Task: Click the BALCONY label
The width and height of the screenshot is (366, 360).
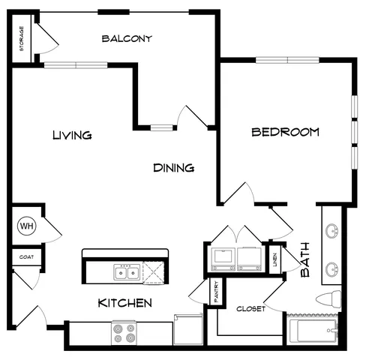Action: [x=127, y=38]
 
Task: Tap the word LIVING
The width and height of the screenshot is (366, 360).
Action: [x=72, y=135]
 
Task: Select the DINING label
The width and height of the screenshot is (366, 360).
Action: [x=174, y=168]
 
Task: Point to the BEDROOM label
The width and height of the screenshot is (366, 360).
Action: [x=285, y=132]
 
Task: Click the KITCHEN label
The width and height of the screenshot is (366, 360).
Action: [x=124, y=303]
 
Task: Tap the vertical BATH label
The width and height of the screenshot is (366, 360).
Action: [x=305, y=259]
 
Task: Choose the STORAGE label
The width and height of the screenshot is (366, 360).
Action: [x=22, y=38]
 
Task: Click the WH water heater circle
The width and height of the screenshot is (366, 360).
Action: [x=27, y=226]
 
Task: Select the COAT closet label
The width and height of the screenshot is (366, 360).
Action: [x=26, y=257]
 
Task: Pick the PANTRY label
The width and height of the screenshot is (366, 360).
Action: [x=217, y=292]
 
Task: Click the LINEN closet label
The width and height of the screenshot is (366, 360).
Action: [x=275, y=259]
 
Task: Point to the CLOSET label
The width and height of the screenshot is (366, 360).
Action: [x=250, y=309]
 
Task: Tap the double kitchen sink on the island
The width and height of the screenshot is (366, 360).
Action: [x=127, y=272]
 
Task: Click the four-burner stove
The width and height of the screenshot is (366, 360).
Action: [x=124, y=333]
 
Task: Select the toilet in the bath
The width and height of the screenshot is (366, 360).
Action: [x=328, y=299]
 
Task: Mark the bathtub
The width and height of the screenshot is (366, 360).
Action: [x=313, y=330]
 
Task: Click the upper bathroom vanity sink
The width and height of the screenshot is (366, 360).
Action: [x=331, y=231]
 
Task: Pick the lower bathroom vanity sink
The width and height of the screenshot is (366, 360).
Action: [x=331, y=269]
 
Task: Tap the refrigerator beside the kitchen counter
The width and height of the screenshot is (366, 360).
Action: [x=188, y=329]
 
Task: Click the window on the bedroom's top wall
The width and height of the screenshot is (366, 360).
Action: [x=287, y=60]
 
